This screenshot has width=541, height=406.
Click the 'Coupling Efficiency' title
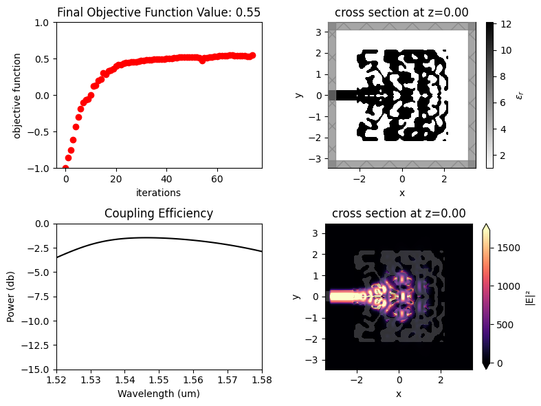[159, 213]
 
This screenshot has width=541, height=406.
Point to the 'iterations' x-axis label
[159, 193]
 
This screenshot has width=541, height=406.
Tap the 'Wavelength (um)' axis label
[159, 394]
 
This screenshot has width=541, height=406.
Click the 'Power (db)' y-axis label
[11, 297]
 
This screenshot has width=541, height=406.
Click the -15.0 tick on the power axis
[38, 370]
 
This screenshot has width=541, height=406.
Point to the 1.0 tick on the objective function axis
[43, 22]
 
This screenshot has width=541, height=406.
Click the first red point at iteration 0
[66, 168]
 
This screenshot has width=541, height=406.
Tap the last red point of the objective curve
[252, 55]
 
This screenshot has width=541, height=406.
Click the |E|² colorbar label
[530, 297]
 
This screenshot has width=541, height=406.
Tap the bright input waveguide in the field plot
[344, 297]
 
